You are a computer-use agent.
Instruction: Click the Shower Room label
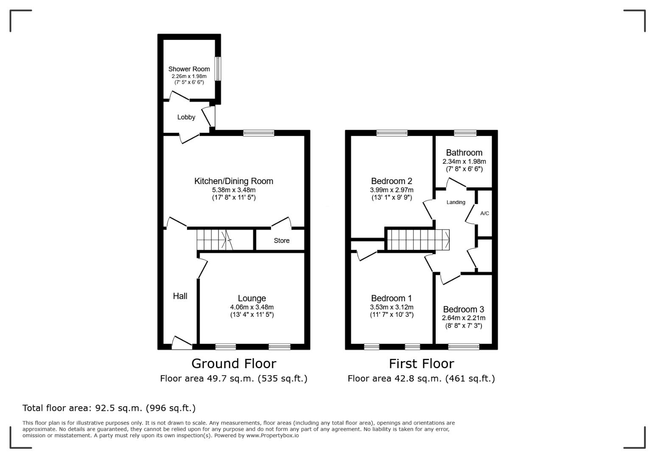(x=189, y=69)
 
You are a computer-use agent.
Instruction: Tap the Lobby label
(x=186, y=117)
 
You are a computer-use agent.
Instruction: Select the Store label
(x=282, y=240)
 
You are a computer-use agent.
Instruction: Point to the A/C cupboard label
(x=484, y=213)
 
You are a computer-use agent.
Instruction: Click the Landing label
(x=456, y=202)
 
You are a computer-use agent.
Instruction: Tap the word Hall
(x=180, y=296)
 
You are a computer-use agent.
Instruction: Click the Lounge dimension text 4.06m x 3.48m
(x=252, y=307)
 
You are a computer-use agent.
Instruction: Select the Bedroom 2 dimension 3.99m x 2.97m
(x=392, y=190)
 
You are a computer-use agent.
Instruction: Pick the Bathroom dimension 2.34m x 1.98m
(x=464, y=161)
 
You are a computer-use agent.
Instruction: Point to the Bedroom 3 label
(x=464, y=309)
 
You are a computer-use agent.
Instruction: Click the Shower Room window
(x=218, y=69)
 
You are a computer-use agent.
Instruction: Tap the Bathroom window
(x=465, y=133)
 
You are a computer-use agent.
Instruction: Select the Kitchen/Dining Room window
(x=259, y=133)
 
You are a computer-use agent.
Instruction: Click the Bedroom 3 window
(x=464, y=347)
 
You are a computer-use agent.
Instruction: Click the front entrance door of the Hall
(x=182, y=343)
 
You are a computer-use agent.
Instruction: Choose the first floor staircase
(x=418, y=240)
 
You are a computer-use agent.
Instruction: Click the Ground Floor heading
(x=234, y=364)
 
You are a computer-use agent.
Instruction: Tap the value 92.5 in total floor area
(x=104, y=408)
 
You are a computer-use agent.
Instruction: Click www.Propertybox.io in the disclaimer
(x=272, y=436)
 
